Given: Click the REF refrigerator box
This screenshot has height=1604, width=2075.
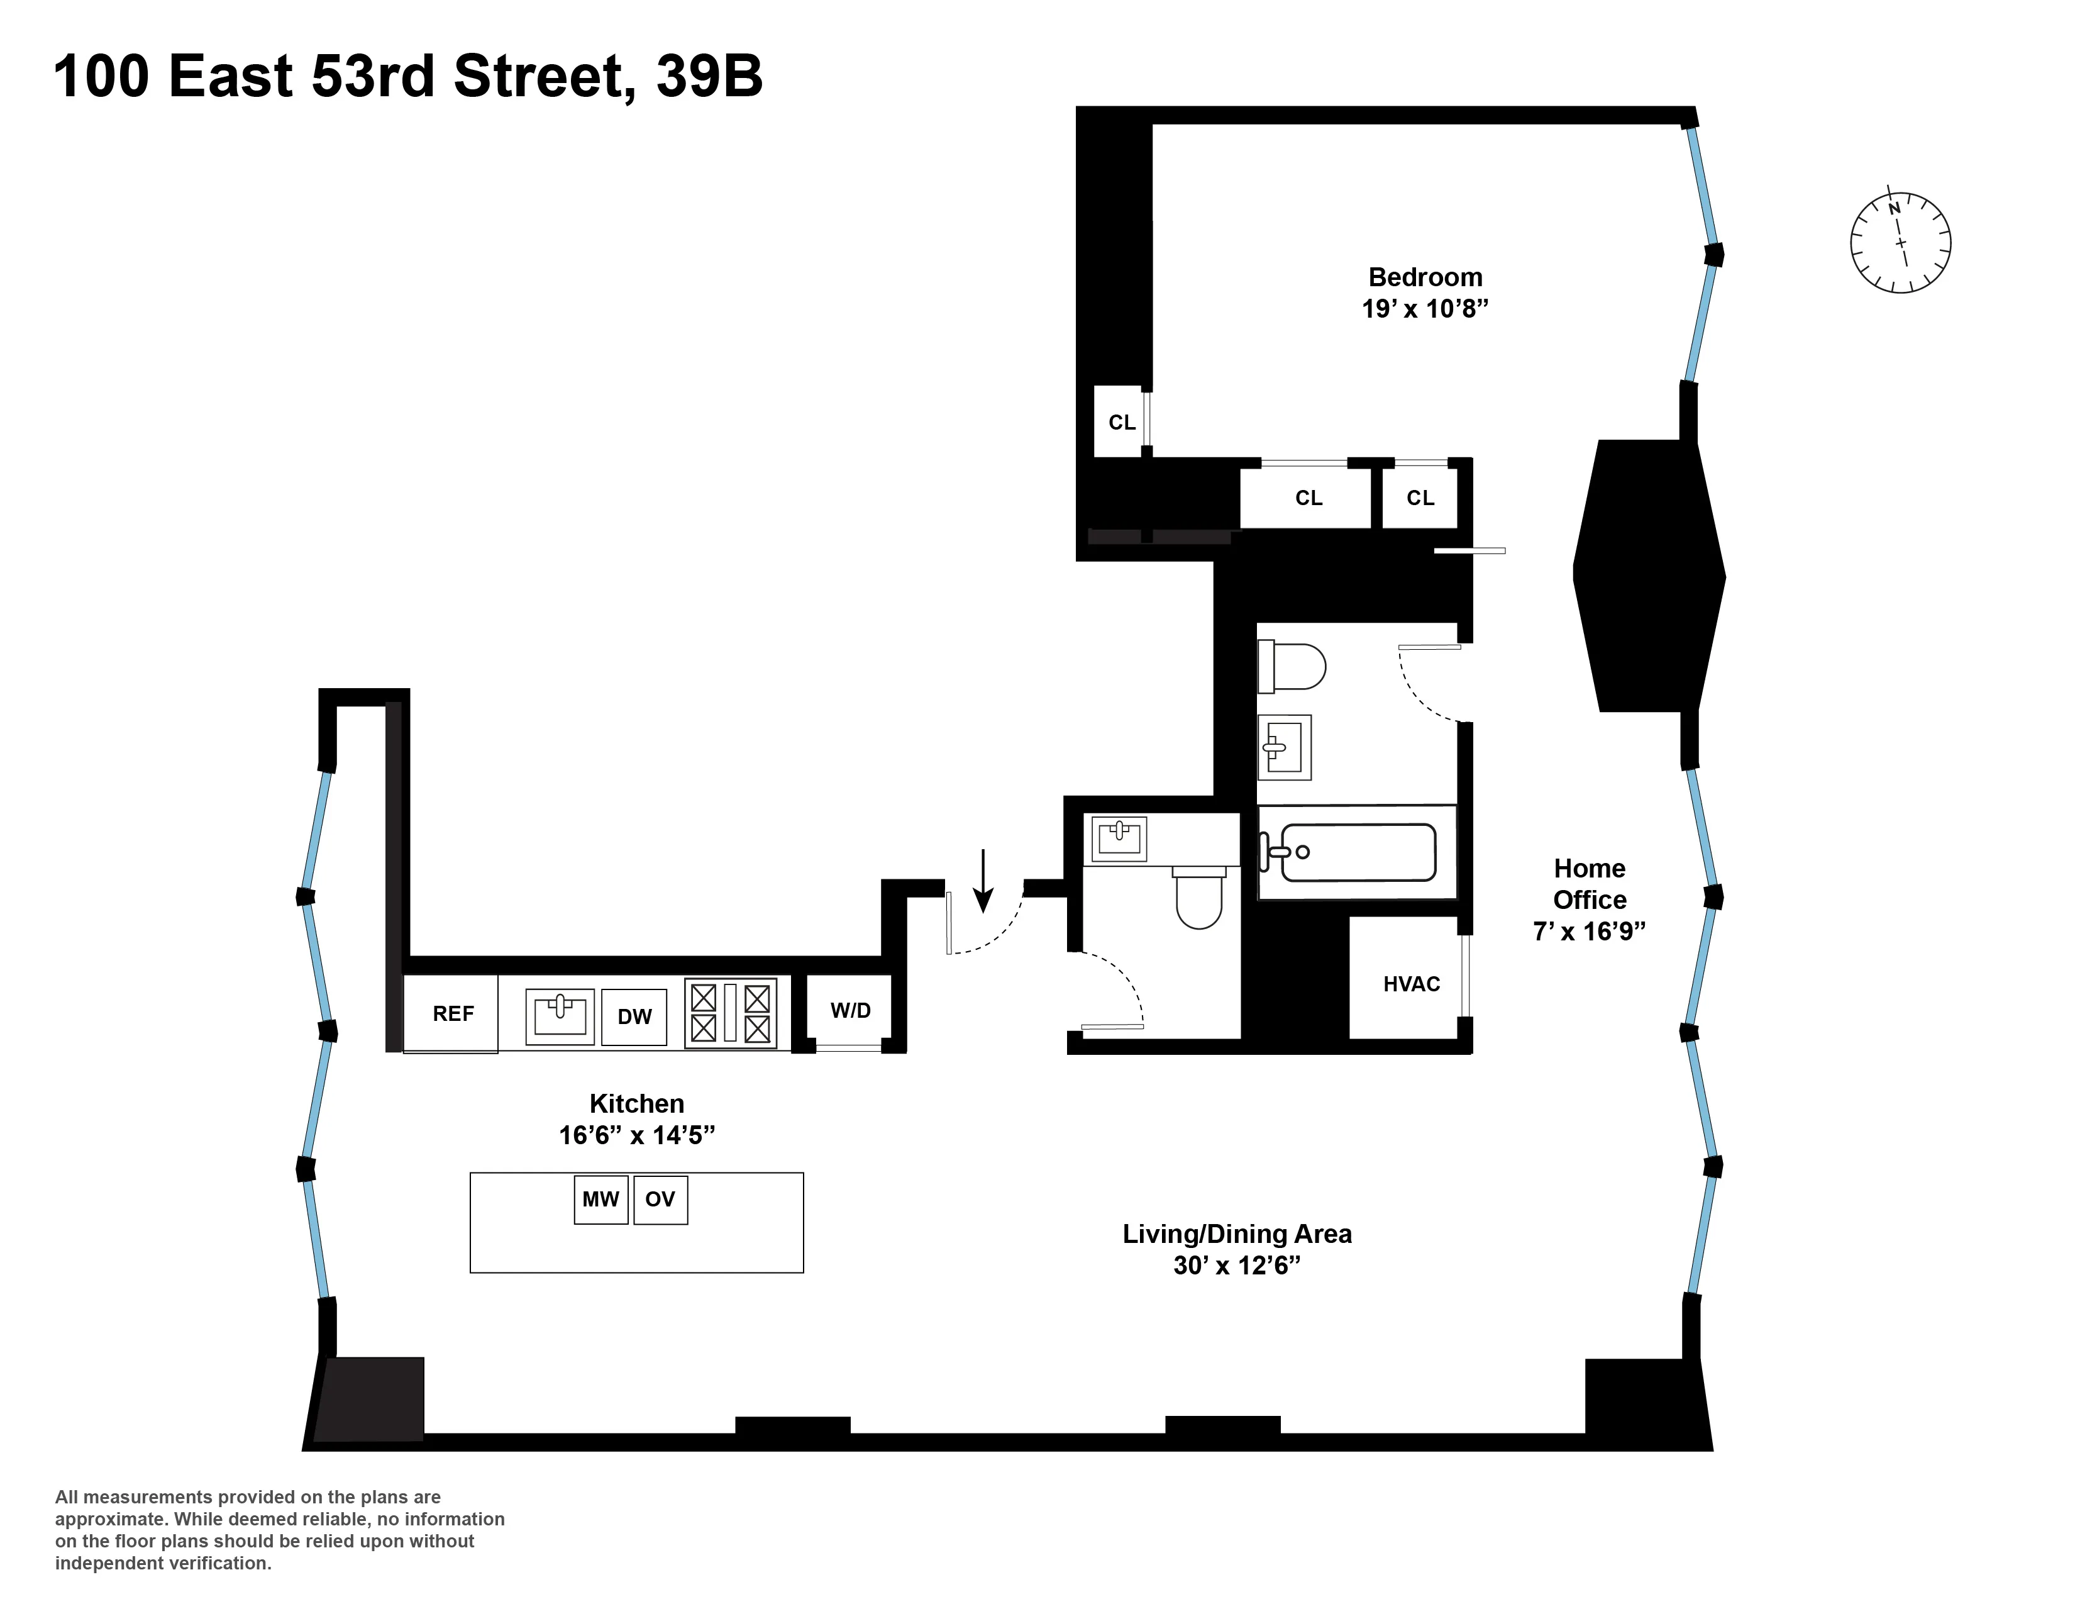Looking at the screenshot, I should pos(451,1013).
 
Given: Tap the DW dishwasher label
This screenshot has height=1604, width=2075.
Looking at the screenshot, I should pos(634,1016).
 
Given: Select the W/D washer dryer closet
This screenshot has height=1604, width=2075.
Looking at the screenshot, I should pos(850,1010).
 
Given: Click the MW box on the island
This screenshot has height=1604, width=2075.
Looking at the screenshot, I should pos(600,1199).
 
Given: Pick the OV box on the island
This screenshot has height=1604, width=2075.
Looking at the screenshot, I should pos(660,1199).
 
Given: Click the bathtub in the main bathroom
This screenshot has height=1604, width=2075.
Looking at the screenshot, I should pos(1357,852).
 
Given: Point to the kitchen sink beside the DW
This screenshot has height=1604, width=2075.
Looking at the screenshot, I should pos(560,1015).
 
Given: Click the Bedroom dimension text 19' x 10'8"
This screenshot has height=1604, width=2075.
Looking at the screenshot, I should pos(1424,309).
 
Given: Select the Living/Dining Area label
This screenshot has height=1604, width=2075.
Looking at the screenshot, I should pos(1236,1234).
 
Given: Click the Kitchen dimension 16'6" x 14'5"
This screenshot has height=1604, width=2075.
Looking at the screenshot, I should pos(636,1135).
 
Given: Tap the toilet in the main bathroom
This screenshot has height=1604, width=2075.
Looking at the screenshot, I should pos(1293,666).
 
